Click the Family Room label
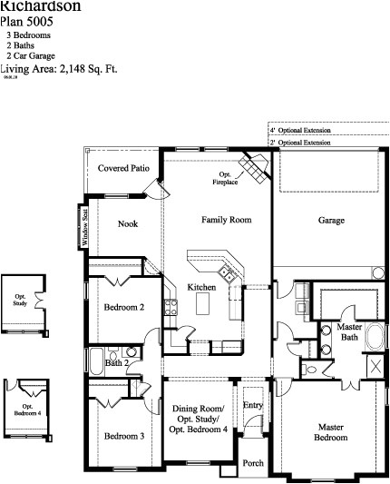coord(226,220)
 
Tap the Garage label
coord(330,220)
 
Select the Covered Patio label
coord(123,168)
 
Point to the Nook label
coord(128,223)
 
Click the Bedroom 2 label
coord(124,307)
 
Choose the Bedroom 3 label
coord(123,436)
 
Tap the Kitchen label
coord(200,287)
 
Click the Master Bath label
coord(350,331)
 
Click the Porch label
coord(253,463)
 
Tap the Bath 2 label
coord(115,363)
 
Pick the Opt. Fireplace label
coord(226,179)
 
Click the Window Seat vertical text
coord(85,227)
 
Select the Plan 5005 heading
coord(26,21)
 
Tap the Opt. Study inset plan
coord(20,302)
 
